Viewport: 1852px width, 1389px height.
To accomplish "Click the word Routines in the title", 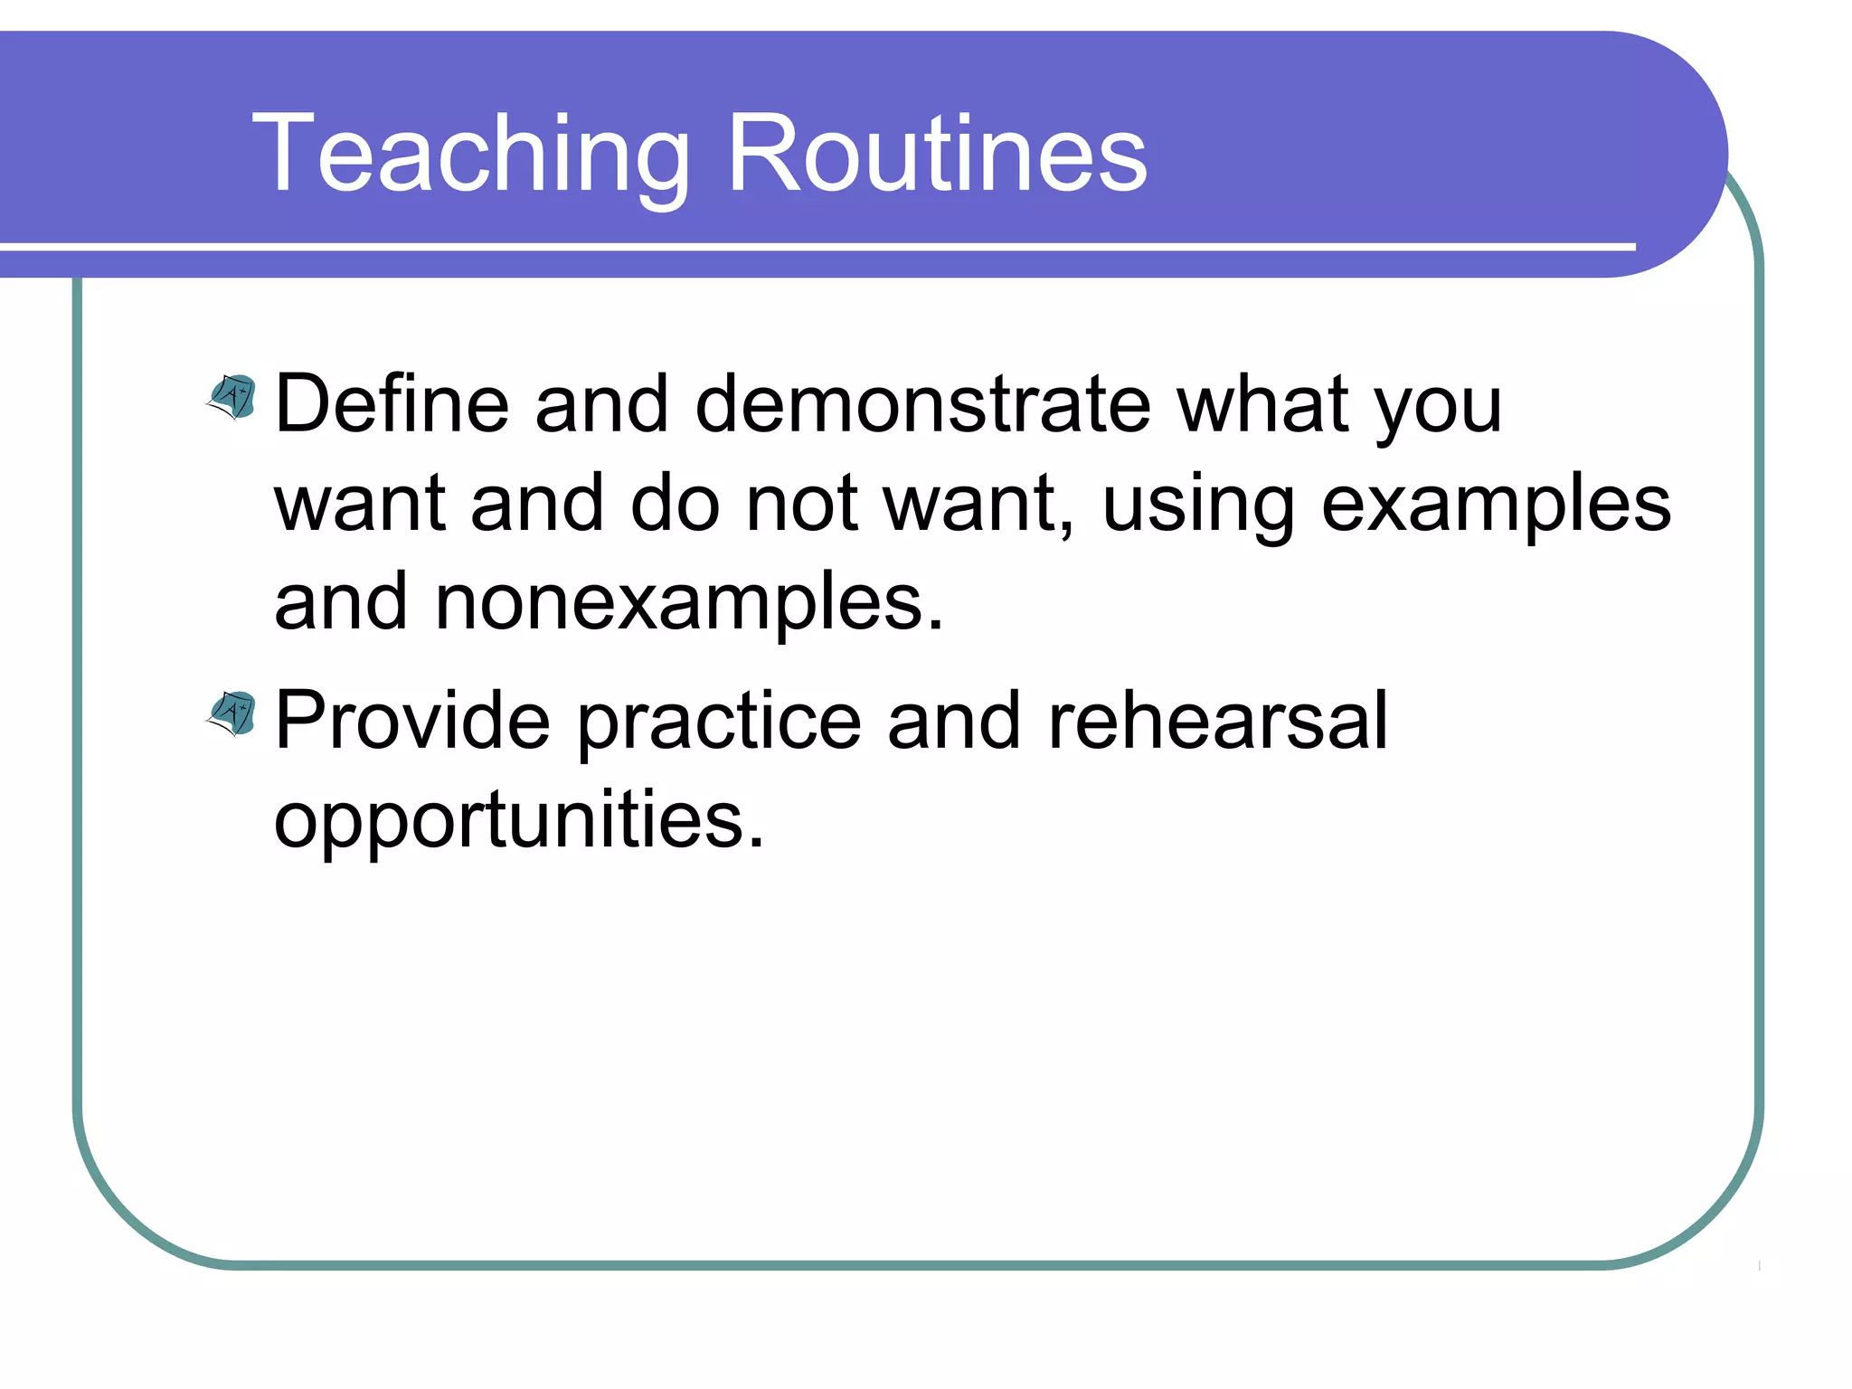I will (x=937, y=154).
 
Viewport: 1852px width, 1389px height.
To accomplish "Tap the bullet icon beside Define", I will (x=233, y=397).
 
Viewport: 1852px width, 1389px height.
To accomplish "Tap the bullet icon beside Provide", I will (x=233, y=713).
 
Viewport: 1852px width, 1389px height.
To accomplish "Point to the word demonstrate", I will (x=922, y=404).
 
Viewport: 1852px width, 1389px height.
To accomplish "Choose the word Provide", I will (x=412, y=721).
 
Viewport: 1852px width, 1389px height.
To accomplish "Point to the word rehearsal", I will (x=1217, y=721).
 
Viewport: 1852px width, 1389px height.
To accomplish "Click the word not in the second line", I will (x=801, y=505).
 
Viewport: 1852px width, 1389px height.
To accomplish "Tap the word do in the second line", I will (x=675, y=503).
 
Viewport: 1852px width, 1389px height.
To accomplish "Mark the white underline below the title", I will (x=814, y=246).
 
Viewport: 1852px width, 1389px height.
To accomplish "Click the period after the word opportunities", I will (x=756, y=844).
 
